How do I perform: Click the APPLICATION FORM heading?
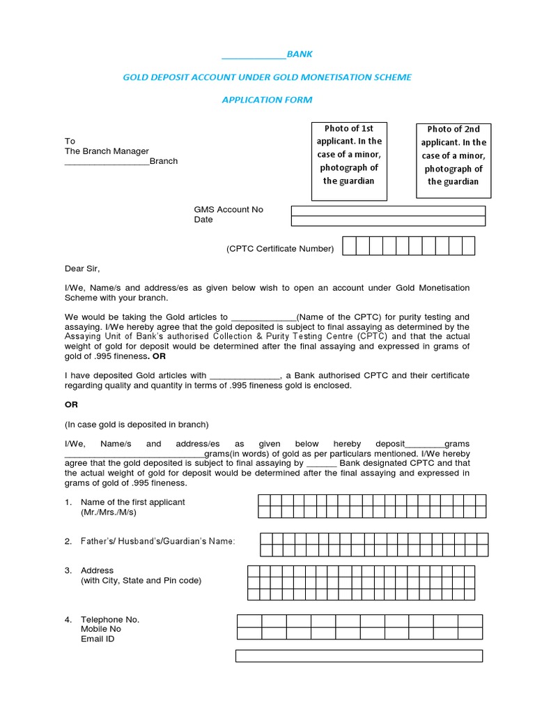pos(267,100)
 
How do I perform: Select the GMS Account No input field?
pos(388,211)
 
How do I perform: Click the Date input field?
pos(388,221)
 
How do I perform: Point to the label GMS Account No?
pos(228,210)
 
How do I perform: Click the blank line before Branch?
pos(107,162)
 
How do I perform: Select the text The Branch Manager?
pos(107,151)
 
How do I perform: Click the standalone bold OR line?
pos(71,404)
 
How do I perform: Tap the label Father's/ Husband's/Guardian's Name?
pos(158,541)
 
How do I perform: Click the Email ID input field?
pos(359,655)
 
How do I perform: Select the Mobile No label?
pos(101,629)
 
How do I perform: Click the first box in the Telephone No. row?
pos(249,621)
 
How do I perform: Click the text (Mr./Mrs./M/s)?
pos(109,512)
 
